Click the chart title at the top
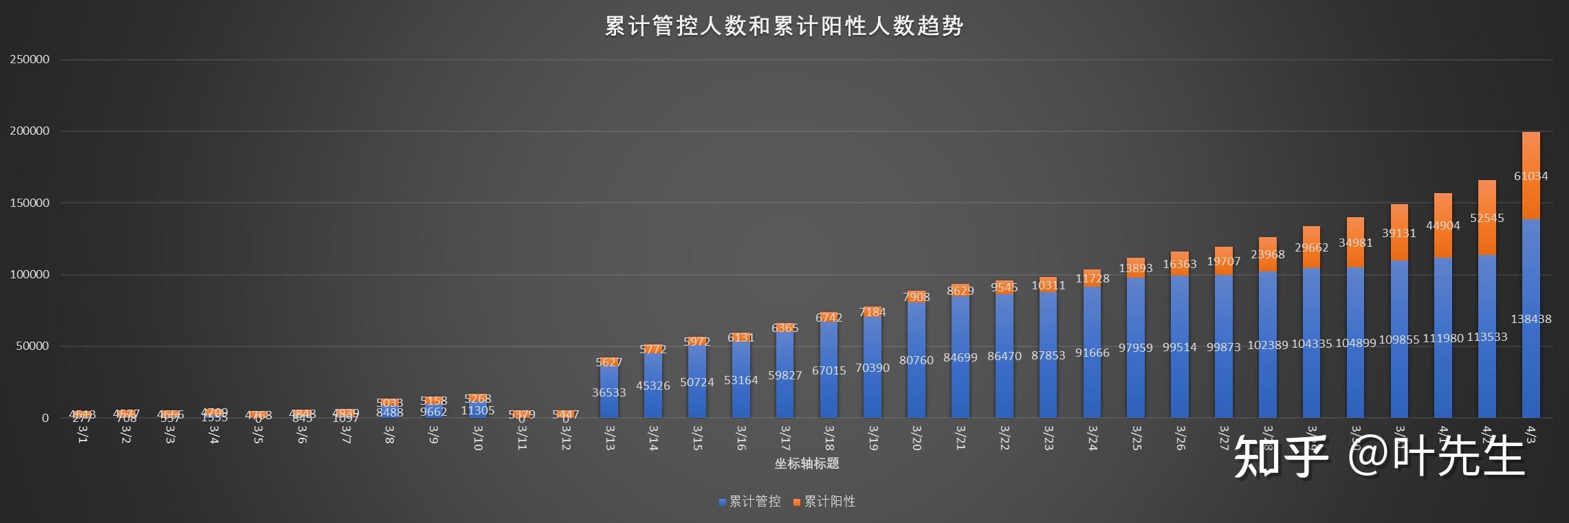pyautogui.click(x=784, y=26)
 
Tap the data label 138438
pyautogui.click(x=1530, y=319)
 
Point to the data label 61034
pyautogui.click(x=1530, y=176)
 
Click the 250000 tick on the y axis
pyautogui.click(x=30, y=60)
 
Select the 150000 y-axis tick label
pyautogui.click(x=30, y=203)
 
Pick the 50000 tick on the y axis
pyautogui.click(x=33, y=346)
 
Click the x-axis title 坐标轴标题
pyautogui.click(x=807, y=464)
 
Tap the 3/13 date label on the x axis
pyautogui.click(x=609, y=438)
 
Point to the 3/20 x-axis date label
pyautogui.click(x=917, y=438)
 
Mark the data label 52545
pyautogui.click(x=1486, y=219)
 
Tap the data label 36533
pyautogui.click(x=609, y=393)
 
